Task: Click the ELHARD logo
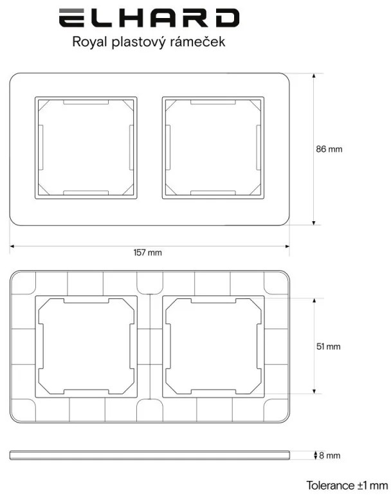(149, 18)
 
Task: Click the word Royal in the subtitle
(89, 42)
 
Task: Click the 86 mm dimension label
(329, 149)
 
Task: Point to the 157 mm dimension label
(147, 252)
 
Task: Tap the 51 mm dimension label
(329, 346)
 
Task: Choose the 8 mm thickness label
(330, 455)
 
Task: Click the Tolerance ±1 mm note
(347, 485)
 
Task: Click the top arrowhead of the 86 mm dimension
(314, 77)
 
